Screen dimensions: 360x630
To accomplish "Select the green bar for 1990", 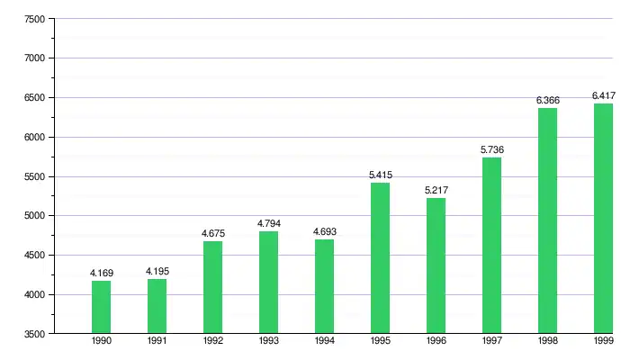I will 101,307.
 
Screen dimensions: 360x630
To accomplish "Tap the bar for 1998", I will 547,220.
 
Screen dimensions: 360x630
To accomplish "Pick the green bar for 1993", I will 268,283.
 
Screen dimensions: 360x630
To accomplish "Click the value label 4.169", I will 101,272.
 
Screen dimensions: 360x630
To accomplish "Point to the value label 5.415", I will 381,175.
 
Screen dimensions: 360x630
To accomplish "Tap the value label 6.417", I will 603,95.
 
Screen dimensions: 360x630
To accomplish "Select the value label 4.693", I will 324,231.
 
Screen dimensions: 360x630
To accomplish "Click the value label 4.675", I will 212,233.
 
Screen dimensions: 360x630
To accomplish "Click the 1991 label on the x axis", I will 157,342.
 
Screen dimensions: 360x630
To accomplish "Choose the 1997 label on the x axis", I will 491,342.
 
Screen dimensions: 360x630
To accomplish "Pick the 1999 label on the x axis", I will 603,342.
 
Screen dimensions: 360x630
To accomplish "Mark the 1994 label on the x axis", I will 324,342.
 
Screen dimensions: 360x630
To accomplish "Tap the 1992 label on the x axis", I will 212,342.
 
